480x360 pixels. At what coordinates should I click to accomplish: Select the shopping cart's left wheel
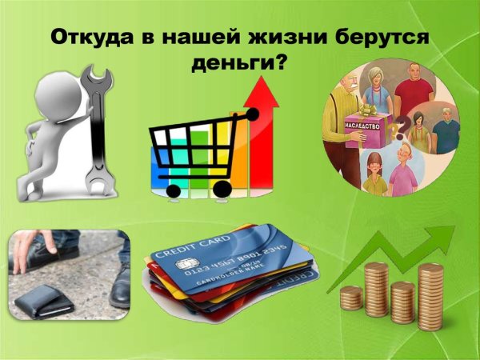[172, 191]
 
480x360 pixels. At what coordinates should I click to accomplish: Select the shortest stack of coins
[350, 298]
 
